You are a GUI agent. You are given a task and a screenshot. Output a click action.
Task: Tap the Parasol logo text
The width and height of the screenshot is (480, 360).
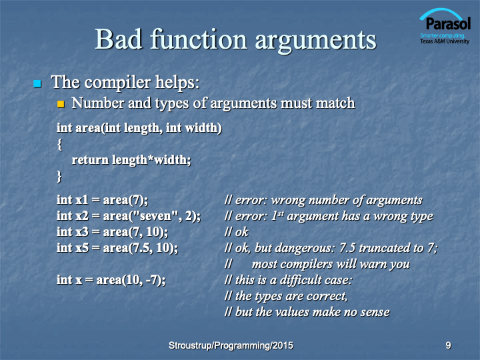448,23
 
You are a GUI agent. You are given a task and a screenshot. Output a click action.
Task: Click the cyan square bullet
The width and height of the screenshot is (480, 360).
37,83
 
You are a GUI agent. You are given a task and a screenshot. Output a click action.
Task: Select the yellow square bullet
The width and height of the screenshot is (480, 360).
61,104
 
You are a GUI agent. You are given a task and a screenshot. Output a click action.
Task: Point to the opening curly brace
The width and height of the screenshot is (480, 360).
60,145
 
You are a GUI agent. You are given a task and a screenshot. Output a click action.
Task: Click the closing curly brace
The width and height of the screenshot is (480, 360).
59,177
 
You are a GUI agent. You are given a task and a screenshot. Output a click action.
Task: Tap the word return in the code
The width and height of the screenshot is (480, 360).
90,160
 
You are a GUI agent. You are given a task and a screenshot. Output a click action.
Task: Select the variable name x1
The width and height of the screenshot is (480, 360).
81,200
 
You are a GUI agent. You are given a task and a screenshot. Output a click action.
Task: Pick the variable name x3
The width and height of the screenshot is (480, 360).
82,232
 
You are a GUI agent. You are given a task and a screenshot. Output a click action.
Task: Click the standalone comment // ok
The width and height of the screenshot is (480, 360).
236,232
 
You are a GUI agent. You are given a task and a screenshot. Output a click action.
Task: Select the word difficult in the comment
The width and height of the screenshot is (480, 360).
301,280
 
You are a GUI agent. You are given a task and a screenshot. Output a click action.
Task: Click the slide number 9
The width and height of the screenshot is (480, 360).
448,345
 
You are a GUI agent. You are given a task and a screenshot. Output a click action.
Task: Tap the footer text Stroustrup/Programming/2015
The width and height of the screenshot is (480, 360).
231,345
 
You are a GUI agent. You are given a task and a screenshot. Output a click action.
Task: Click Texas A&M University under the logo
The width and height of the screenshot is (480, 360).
445,41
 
